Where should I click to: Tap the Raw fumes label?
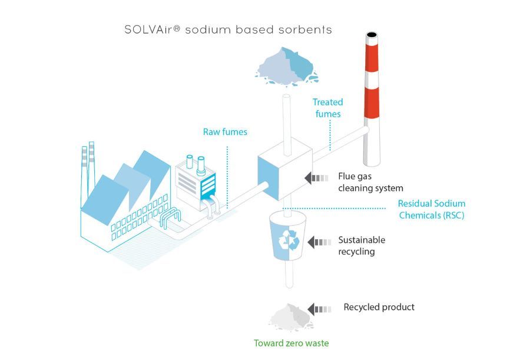(x=225, y=132)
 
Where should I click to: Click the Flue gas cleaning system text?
(x=370, y=182)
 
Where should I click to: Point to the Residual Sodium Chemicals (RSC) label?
(x=432, y=210)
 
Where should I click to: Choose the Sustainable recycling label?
(x=361, y=246)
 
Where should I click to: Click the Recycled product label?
(x=379, y=307)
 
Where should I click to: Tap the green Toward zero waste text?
(x=291, y=343)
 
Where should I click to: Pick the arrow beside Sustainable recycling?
(x=319, y=242)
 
